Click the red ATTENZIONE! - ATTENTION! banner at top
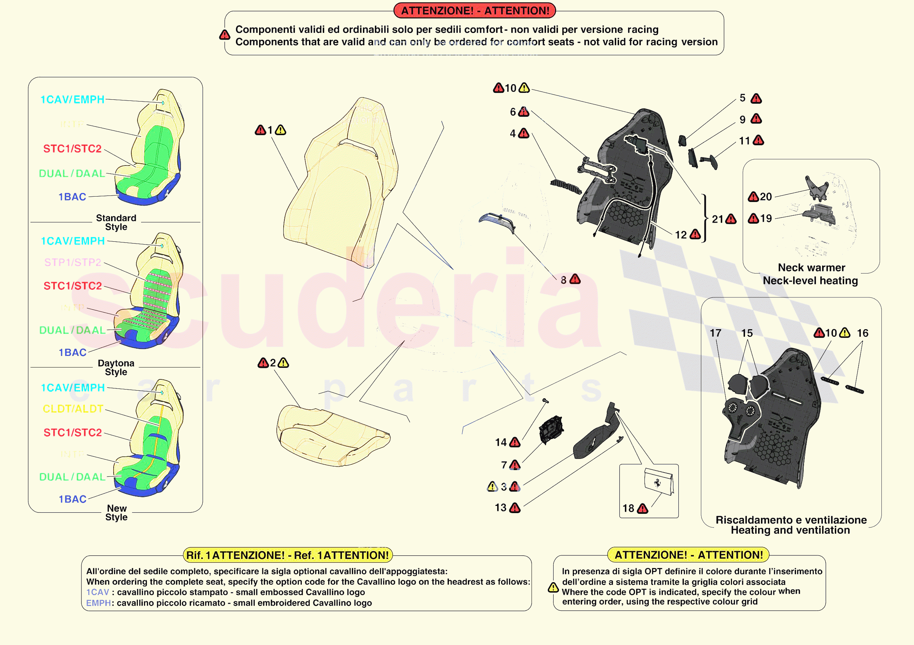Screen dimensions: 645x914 [474, 11]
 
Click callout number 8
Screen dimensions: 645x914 [563, 280]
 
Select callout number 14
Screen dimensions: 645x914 [501, 442]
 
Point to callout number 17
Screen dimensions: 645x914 [715, 333]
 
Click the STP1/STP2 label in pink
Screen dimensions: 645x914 [73, 262]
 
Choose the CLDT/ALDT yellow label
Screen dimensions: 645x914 [73, 409]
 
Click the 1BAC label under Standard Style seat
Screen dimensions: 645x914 [72, 197]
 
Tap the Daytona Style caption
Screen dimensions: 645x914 [116, 367]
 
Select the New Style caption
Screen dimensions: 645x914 [116, 513]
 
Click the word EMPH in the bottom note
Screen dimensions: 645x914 [98, 603]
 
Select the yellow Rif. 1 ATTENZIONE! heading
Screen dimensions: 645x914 [287, 555]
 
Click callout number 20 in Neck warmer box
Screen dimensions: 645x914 [766, 197]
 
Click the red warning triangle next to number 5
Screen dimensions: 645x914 [756, 98]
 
